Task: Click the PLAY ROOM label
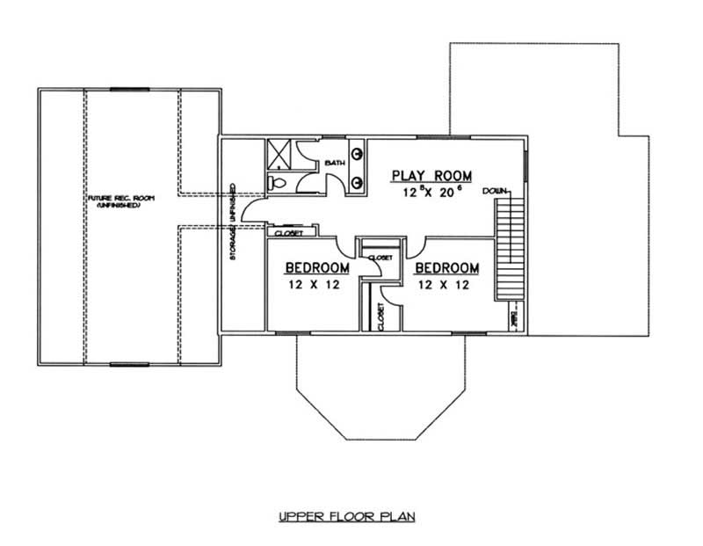coord(432,175)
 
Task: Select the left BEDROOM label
coord(318,268)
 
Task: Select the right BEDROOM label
coord(447,268)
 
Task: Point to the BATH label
coord(335,164)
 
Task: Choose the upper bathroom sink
coord(359,155)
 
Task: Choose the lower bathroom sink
coord(359,182)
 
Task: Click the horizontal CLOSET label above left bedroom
coord(289,234)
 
